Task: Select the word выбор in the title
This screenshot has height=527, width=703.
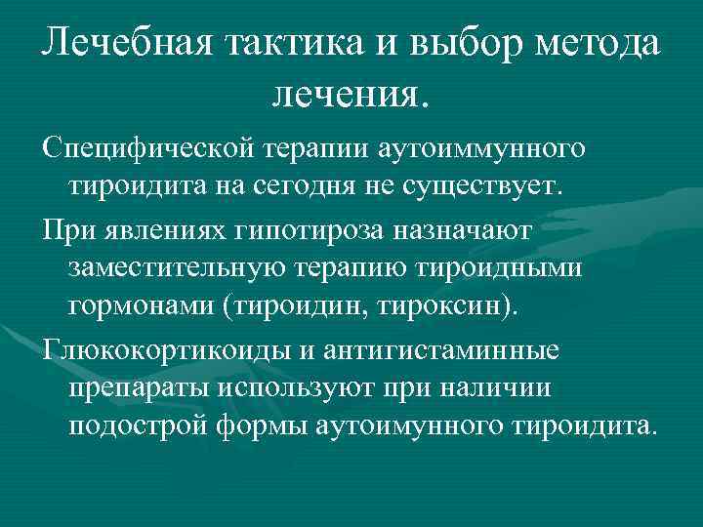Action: [x=469, y=44]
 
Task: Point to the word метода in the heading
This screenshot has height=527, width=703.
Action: [x=601, y=44]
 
